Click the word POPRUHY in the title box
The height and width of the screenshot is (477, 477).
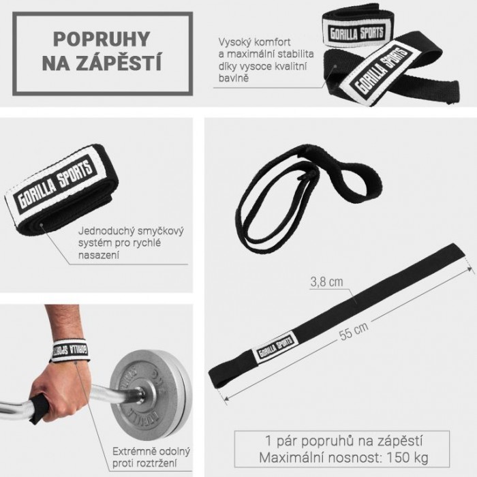point(102,39)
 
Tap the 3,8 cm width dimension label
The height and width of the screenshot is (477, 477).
point(326,282)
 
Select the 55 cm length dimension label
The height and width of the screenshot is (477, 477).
point(354,330)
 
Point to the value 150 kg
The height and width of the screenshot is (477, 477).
point(407,457)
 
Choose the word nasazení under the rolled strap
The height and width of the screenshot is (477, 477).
point(99,255)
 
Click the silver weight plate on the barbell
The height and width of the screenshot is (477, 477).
point(151,395)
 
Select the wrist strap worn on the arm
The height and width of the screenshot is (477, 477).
point(71,350)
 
